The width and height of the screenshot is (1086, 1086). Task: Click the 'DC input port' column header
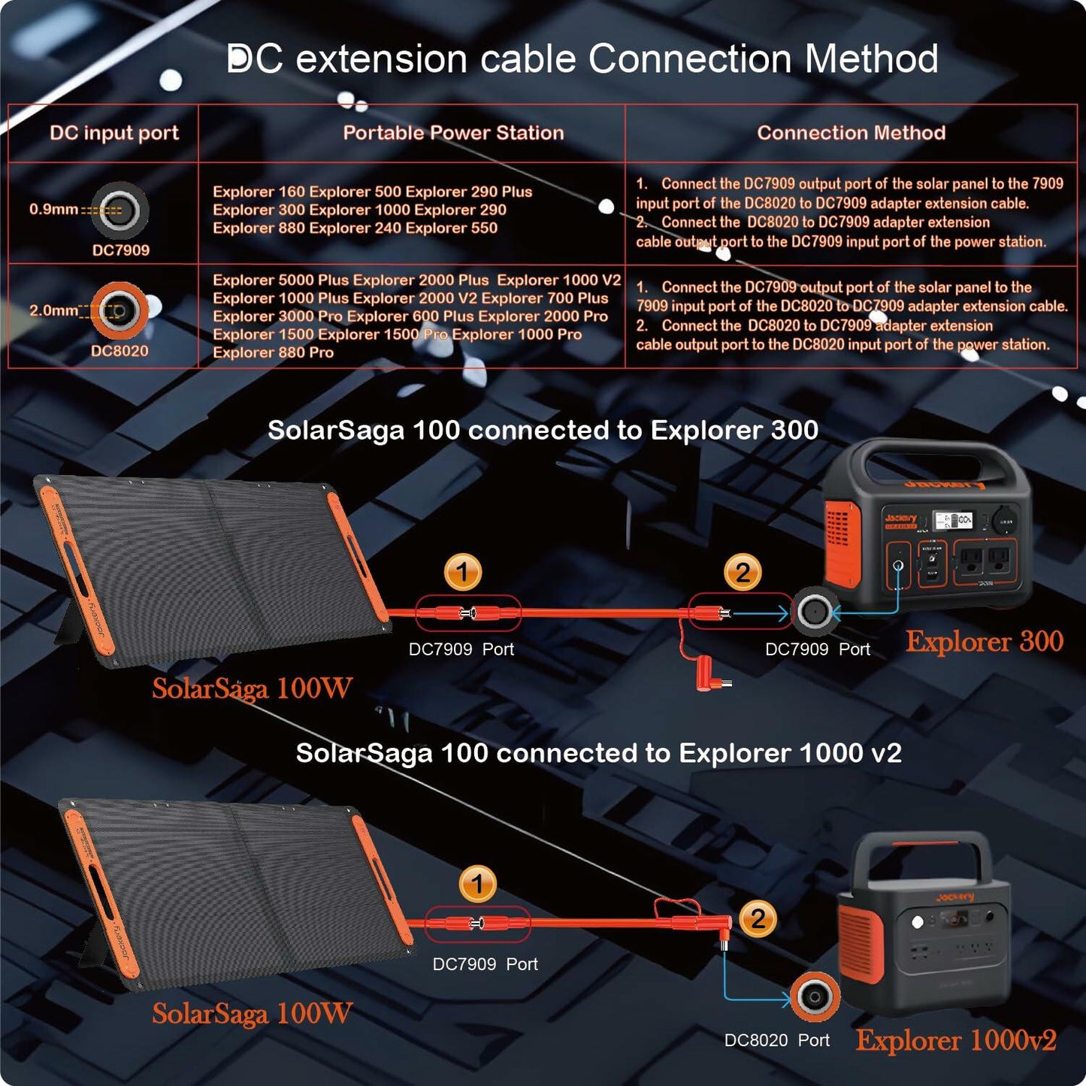click(x=113, y=133)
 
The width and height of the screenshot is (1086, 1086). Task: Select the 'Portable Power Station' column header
click(x=453, y=133)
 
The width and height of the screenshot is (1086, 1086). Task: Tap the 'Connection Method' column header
click(x=851, y=133)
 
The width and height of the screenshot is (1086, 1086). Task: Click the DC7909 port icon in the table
click(x=120, y=210)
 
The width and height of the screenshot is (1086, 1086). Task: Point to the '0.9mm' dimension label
click(x=53, y=209)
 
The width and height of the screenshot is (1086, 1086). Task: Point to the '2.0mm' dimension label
click(x=53, y=310)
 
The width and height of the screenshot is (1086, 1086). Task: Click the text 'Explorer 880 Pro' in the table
click(x=273, y=352)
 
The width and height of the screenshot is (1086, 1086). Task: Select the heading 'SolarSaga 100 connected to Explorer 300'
click(x=543, y=430)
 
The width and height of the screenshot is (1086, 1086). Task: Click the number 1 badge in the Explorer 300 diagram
click(x=463, y=573)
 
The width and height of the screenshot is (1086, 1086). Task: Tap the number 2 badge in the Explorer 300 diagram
click(x=743, y=573)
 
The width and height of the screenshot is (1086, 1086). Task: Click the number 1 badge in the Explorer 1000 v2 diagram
click(x=477, y=884)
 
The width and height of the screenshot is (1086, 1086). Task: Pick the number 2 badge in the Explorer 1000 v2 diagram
click(x=758, y=918)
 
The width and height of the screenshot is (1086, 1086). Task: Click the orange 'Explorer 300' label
click(x=984, y=641)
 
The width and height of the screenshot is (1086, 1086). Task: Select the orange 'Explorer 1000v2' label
click(x=956, y=1040)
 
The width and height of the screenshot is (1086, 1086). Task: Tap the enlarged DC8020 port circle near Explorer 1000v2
click(x=815, y=997)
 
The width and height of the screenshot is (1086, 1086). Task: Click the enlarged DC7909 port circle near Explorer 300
click(x=814, y=612)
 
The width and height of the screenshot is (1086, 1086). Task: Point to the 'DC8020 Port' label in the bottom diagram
click(x=776, y=1040)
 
